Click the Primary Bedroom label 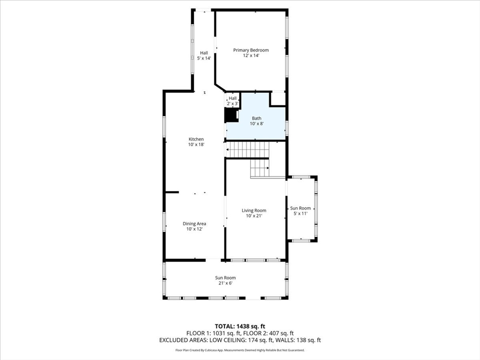(x=251, y=50)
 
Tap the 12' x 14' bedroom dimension (x=251, y=56)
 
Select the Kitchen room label (x=196, y=139)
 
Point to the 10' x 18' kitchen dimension (x=196, y=145)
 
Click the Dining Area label (x=195, y=224)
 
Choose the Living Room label (x=254, y=210)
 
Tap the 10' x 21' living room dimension (x=254, y=216)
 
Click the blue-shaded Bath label (x=257, y=118)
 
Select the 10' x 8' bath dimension (x=257, y=124)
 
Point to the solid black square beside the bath (x=231, y=115)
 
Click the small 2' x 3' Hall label (x=233, y=98)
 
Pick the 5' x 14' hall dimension (x=204, y=59)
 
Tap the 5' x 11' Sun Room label (x=300, y=208)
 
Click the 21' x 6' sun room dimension (x=225, y=283)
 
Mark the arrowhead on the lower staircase (x=268, y=167)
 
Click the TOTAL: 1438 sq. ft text (x=240, y=326)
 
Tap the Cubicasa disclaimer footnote (x=240, y=350)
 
